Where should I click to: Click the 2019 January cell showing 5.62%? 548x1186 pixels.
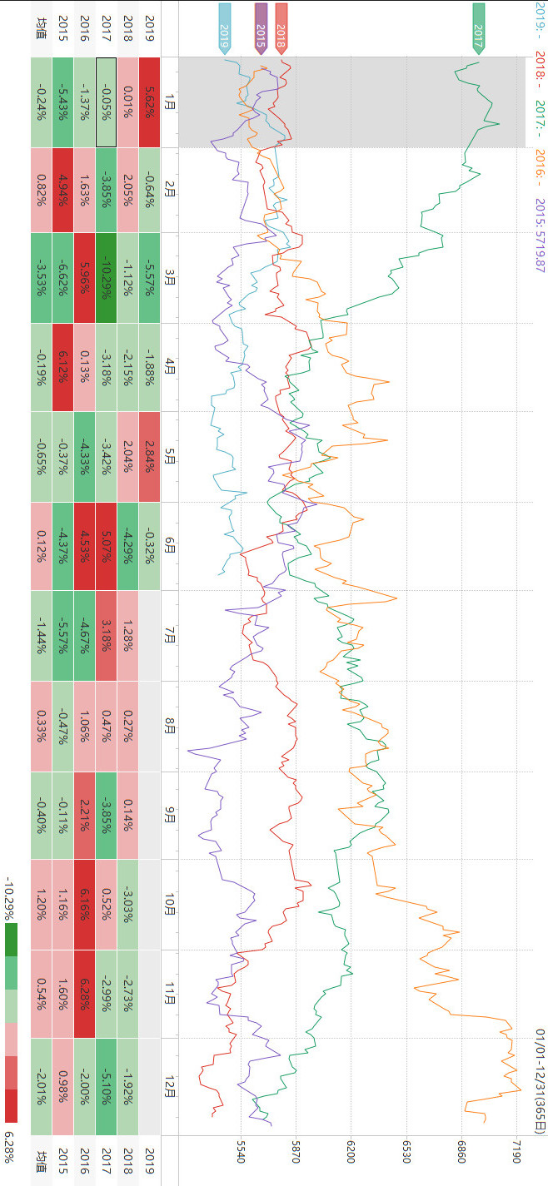pos(150,102)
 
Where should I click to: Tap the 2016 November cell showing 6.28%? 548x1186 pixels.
pos(85,994)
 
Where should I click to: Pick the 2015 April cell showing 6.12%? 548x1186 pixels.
pos(63,366)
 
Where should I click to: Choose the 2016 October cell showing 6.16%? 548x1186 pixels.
pos(85,904)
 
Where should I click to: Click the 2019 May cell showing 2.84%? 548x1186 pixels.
pos(150,457)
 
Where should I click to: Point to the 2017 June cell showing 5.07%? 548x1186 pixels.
pos(107,546)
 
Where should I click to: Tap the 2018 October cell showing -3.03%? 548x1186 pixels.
pos(128,904)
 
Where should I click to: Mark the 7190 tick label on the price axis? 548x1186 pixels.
pos(516,1156)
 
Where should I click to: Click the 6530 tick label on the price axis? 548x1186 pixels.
pos(406,1156)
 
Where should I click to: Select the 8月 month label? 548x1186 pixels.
pos(170,727)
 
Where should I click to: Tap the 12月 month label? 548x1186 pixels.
pos(170,1086)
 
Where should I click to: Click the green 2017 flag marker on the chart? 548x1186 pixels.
pos(478,27)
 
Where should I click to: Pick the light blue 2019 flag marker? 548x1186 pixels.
pos(224,27)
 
